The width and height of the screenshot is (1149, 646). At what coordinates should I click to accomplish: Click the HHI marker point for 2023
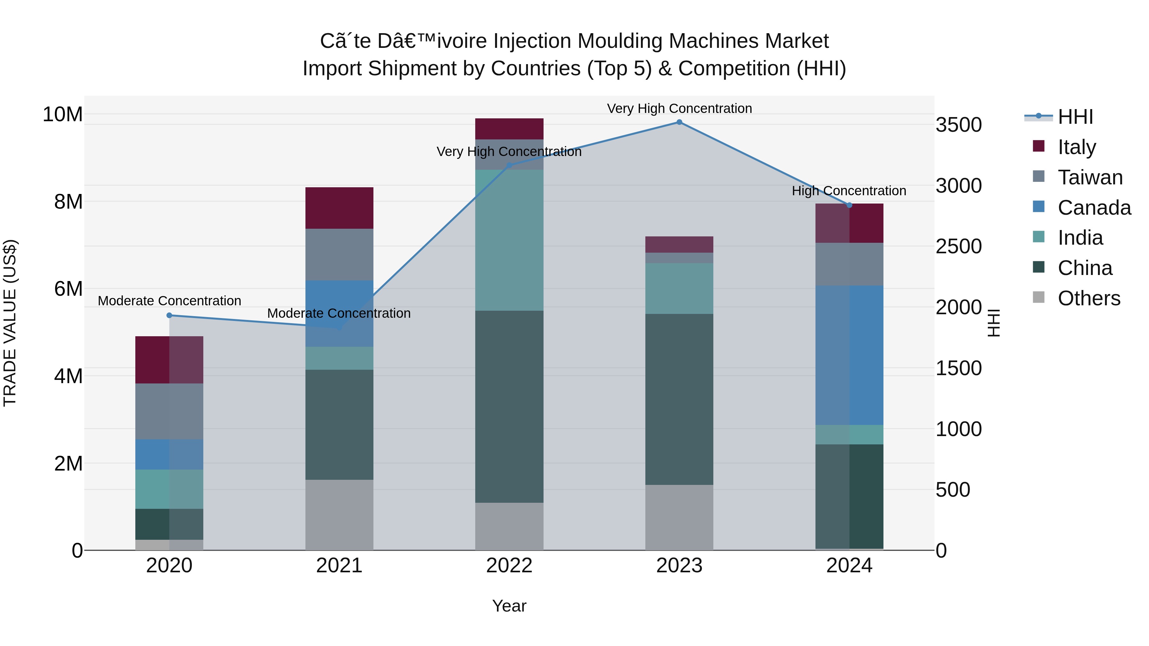point(679,122)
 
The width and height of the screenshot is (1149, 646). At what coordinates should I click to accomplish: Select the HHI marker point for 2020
point(169,315)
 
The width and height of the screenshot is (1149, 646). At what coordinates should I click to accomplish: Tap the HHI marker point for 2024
point(849,205)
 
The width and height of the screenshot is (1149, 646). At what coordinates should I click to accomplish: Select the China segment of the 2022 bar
point(509,407)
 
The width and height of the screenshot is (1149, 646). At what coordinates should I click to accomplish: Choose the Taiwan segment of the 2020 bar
point(169,411)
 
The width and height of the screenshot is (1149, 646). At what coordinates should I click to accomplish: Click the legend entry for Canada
point(1094,208)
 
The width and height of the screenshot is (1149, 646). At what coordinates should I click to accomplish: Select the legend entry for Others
point(1088,298)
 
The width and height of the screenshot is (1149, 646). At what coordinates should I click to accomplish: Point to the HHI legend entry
point(1075,117)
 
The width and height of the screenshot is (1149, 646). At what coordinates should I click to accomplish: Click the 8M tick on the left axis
point(68,202)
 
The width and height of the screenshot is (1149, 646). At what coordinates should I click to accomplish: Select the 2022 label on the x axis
point(509,566)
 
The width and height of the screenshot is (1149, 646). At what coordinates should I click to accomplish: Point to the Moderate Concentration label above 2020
point(169,301)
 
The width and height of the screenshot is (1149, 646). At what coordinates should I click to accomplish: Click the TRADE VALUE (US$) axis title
point(10,323)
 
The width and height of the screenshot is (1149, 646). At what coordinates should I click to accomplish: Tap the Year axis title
point(509,606)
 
